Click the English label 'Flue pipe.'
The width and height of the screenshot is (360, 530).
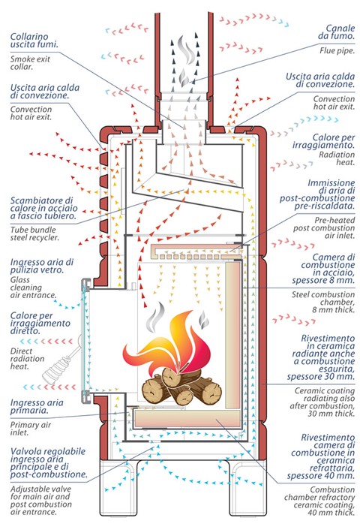coord(337,51)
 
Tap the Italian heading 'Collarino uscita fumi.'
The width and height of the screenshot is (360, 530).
coord(34,41)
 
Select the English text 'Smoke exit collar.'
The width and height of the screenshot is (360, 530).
coord(30,63)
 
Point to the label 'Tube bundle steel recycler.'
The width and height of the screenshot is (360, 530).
coord(34,233)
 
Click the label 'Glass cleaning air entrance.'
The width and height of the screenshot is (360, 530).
coord(33,288)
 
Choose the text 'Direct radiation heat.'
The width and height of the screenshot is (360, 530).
coord(27,359)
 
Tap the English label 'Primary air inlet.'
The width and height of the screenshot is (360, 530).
coord(31,429)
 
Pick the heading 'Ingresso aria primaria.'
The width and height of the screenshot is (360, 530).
coord(37,406)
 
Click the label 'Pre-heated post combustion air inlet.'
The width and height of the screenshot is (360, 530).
coord(324,227)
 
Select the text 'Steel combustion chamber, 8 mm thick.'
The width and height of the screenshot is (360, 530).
coord(323,303)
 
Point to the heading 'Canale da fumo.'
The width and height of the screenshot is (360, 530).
coord(336,32)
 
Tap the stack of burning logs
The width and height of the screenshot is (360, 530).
coord(181,387)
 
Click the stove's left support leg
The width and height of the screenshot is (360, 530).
coord(118,487)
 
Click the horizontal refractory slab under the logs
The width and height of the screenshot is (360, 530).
coord(187,418)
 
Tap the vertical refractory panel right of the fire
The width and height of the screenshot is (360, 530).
coord(232,335)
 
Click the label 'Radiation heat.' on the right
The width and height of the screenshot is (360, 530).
coord(337,158)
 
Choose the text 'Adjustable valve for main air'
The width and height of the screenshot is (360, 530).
coord(40,492)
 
